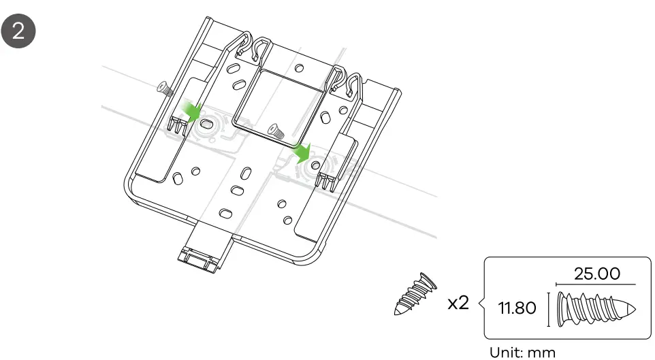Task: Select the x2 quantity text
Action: (x=458, y=304)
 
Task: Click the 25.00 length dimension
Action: (x=597, y=274)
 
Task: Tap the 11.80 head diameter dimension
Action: (x=516, y=309)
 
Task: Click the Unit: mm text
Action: (x=523, y=353)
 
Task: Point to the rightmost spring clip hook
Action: (x=355, y=85)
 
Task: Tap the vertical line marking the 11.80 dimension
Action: (x=549, y=309)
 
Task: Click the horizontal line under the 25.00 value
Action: (x=596, y=285)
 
